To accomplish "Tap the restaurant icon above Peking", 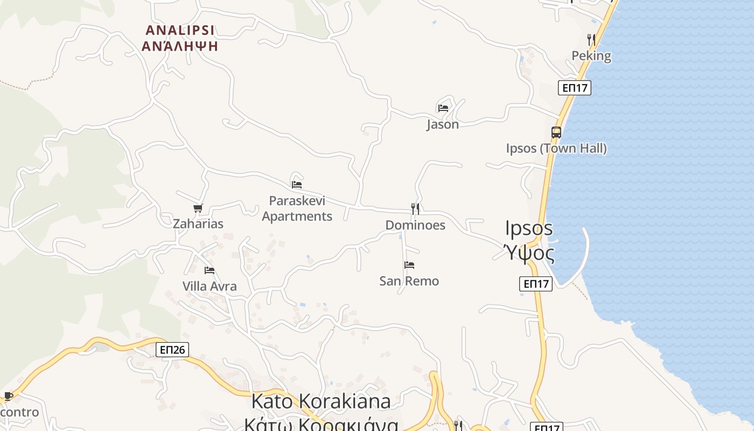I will click(591, 40).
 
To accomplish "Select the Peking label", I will click(591, 56).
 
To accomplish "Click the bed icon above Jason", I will click(443, 108).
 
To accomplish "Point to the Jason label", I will click(443, 124).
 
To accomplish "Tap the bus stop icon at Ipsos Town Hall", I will click(556, 133).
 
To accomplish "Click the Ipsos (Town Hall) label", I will click(556, 148).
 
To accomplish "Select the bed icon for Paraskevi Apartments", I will click(297, 184).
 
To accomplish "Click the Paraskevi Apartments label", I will click(297, 208).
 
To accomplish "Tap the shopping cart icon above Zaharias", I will click(198, 208).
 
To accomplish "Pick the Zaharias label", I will click(198, 224).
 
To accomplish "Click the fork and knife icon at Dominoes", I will click(415, 209).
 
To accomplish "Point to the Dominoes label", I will click(415, 225).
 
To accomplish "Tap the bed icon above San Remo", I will click(409, 265).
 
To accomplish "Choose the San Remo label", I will click(409, 281).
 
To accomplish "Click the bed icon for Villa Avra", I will click(210, 270).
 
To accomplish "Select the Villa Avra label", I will click(210, 286).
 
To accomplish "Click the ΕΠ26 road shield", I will click(172, 350).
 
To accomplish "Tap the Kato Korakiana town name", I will click(321, 401).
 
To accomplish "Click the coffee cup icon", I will click(8, 397).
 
